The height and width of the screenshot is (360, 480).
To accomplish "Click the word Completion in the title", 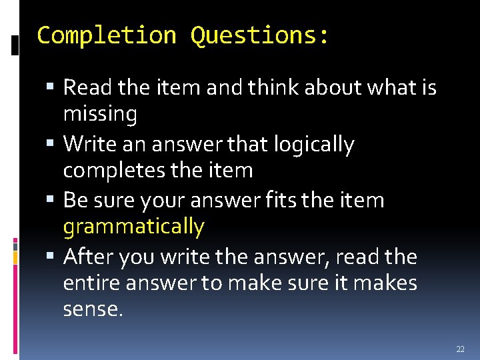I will [107, 35].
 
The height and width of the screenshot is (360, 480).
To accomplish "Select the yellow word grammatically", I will [133, 227].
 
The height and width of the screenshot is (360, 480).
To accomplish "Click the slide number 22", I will [460, 349].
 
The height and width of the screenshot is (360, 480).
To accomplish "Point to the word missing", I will [100, 115].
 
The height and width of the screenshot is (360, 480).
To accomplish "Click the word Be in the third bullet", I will [74, 200].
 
